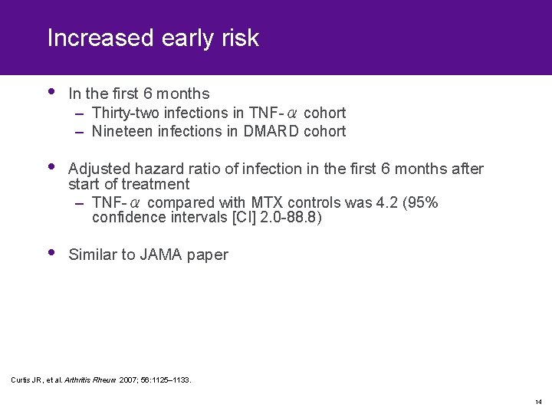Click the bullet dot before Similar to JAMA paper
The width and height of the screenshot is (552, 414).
click(51, 252)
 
